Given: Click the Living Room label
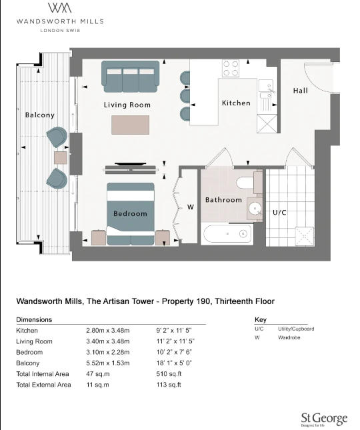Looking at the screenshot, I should tap(127, 105).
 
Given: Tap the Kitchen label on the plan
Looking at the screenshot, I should tap(236, 103).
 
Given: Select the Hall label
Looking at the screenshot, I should tap(300, 91).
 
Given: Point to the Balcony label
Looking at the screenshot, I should tap(39, 115).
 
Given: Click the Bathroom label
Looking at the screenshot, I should tap(223, 199).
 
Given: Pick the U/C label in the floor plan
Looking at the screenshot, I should tap(279, 212).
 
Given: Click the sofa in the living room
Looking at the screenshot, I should tap(131, 75).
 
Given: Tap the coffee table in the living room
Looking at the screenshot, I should tap(131, 125).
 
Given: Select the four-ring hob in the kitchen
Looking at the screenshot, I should tap(231, 68).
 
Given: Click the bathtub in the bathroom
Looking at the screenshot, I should tap(227, 234).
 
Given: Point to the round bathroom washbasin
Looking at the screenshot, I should tap(255, 209).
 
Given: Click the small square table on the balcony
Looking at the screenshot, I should tap(61, 158).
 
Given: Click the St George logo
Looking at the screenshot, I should tap(323, 418).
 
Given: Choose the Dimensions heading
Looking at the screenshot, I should tap(34, 319).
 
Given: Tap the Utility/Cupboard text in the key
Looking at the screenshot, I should tap(296, 329).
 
